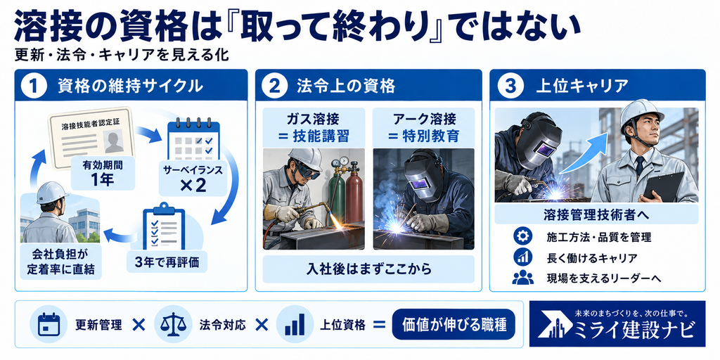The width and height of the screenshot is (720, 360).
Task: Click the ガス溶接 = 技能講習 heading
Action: click(314, 128)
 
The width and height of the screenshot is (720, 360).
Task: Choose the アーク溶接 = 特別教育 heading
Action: click(425, 128)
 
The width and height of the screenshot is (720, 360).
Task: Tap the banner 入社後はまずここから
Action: click(368, 269)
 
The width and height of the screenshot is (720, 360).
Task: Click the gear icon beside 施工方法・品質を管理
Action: click(522, 237)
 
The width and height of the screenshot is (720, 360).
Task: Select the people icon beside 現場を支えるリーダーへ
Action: click(522, 278)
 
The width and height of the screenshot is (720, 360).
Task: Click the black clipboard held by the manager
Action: click(664, 185)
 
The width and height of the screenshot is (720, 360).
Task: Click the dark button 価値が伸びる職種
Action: click(454, 324)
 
